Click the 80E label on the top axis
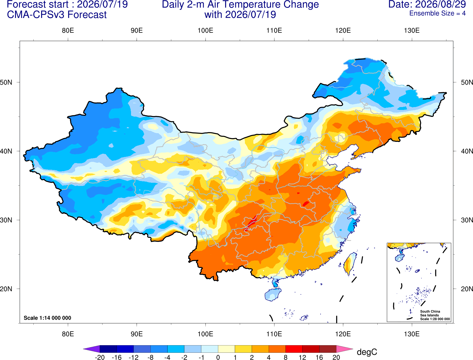pyautogui.click(x=68, y=30)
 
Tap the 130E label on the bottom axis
pyautogui.click(x=412, y=334)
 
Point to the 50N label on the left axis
pyautogui.click(x=6, y=82)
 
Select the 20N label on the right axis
pyautogui.click(x=467, y=289)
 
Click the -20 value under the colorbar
pyautogui.click(x=100, y=357)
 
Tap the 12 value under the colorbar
pyautogui.click(x=302, y=357)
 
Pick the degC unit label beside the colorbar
pyautogui.click(x=367, y=352)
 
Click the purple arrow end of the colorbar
pyautogui.click(x=91, y=349)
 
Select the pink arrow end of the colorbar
pyautogui.click(x=345, y=349)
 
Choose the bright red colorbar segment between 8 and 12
pyautogui.click(x=294, y=349)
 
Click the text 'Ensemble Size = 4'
pyautogui.click(x=437, y=13)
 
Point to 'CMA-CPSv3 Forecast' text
pyautogui.click(x=57, y=15)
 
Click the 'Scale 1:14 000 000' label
pyautogui.click(x=48, y=318)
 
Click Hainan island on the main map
pyautogui.click(x=273, y=294)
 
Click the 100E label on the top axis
pyautogui.click(x=205, y=30)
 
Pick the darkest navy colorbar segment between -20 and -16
pyautogui.click(x=108, y=349)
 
